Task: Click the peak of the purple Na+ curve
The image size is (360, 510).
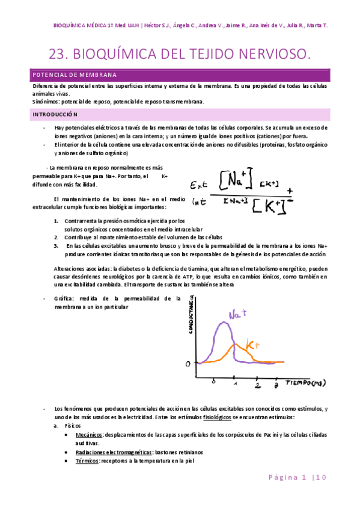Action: [225, 323]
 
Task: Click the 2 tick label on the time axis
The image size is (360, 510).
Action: [257, 386]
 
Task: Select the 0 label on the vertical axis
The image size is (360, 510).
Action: [188, 363]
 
